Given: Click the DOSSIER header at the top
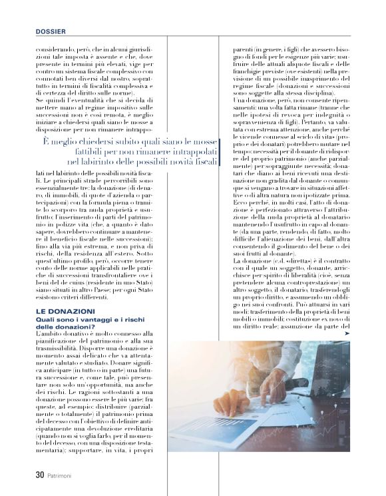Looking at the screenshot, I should coord(51,31).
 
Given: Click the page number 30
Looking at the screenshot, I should coord(40,475).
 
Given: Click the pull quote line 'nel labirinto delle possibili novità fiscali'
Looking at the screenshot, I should coord(142,161).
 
